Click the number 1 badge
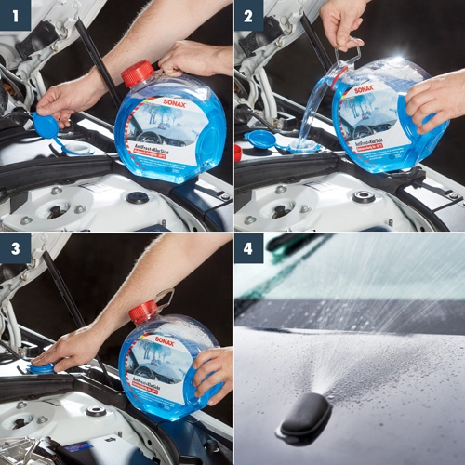15,15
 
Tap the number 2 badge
249,15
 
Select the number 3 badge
15,249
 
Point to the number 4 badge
249,249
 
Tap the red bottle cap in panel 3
143,312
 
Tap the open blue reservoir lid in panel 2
262,140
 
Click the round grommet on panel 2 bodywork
363,196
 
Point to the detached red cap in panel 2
238,153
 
